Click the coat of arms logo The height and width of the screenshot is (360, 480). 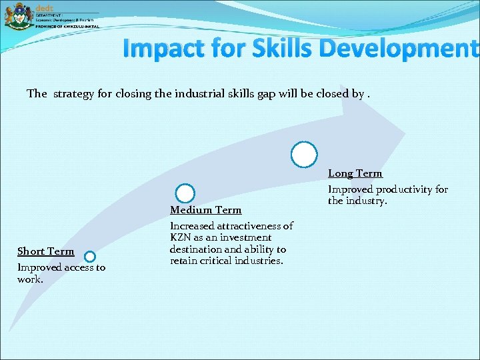(x=18, y=16)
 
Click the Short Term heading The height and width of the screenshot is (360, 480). (x=45, y=251)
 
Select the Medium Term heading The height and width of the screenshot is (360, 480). (x=205, y=210)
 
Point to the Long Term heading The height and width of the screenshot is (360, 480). (x=355, y=173)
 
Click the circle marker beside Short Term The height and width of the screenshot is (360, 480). (x=90, y=256)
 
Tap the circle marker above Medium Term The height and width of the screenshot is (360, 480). (x=185, y=193)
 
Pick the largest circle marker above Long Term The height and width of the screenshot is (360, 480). (x=304, y=154)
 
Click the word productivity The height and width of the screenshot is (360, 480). (x=398, y=189)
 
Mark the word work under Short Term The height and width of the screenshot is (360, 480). (x=29, y=279)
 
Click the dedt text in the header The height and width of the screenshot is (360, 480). (x=43, y=6)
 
